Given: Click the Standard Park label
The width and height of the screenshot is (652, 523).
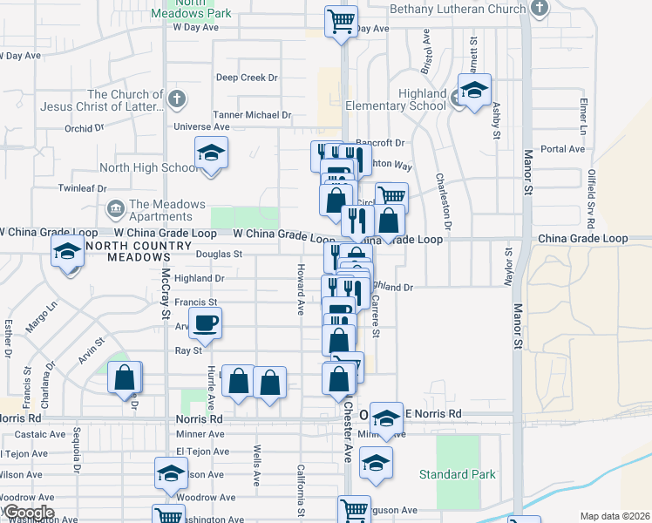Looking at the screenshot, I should tap(457, 474).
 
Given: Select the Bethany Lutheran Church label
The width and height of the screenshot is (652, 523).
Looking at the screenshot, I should tap(458, 9).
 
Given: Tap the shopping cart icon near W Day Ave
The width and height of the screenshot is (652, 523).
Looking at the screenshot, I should tap(342, 21).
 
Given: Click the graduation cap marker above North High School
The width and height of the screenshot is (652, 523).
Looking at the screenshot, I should tap(211, 153).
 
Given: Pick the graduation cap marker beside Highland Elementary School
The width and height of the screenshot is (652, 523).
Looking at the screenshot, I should tap(474, 91).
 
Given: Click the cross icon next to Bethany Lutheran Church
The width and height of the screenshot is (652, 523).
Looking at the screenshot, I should tap(540, 9).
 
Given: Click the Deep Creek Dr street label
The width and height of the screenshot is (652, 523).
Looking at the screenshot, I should tap(247, 78).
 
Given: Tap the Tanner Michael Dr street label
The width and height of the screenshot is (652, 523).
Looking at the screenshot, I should tap(252, 115).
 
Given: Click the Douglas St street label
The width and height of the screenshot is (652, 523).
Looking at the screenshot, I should tap(218, 255).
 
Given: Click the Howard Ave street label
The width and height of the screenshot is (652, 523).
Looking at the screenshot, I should tap(300, 289).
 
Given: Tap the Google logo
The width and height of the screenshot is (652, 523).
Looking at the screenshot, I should tap(28, 513).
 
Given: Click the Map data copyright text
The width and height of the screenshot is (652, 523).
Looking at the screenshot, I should tap(615, 516).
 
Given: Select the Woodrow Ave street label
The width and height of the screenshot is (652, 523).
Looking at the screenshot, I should tap(206, 498).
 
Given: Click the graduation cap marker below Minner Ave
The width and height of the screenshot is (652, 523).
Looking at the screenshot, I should tap(376, 463).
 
